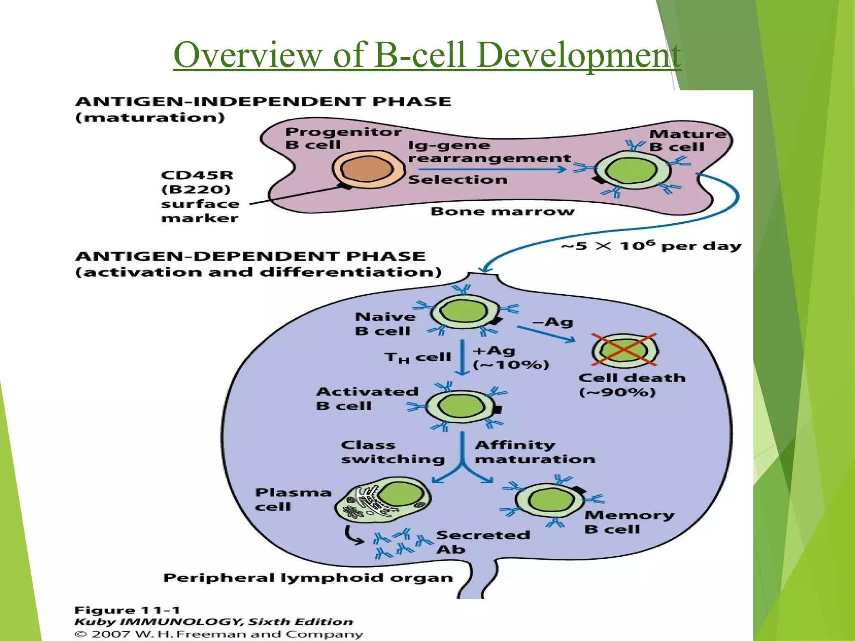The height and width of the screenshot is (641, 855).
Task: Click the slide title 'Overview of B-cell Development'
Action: pos(427,55)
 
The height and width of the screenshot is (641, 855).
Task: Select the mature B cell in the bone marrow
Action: pos(632,170)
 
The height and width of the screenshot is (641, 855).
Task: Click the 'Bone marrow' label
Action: pos(502,211)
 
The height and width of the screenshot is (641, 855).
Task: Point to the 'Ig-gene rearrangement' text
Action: pos(488,152)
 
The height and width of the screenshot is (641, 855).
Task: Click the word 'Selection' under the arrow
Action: pos(458,180)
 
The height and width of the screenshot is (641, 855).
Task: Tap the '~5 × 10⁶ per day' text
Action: pos(651,246)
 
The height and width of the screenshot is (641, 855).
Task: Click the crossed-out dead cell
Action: pos(625,350)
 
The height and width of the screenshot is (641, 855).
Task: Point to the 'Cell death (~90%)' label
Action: pos(632,385)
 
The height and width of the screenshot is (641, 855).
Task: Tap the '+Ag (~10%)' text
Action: pos(510,358)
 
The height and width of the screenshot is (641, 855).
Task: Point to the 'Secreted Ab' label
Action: pos(482,542)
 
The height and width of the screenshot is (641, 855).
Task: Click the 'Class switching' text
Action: pos(392,452)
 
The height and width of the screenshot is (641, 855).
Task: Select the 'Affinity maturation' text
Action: pos(534,452)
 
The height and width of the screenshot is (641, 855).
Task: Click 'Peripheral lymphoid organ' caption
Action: pos(308,578)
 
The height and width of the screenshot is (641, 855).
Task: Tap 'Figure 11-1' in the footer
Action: pos(127,610)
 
